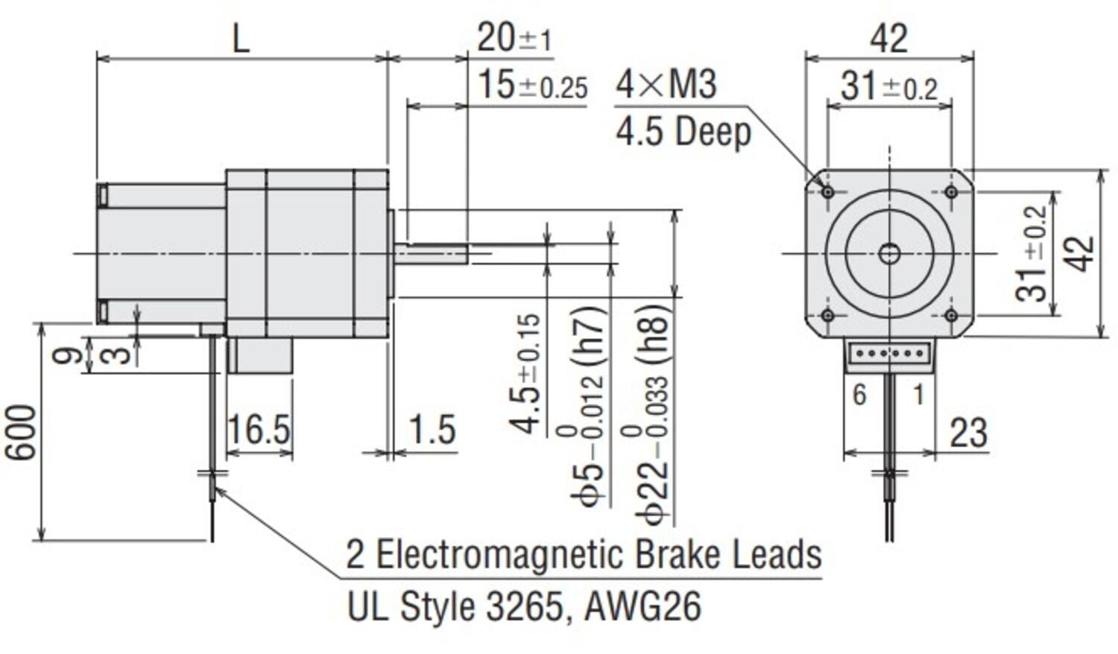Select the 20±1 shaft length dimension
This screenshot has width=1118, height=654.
[x=514, y=37]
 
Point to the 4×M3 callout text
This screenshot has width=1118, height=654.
[x=666, y=83]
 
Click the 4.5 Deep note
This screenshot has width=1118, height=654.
[x=683, y=132]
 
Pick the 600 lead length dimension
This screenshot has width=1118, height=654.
[x=21, y=433]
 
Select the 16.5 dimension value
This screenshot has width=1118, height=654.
[x=258, y=430]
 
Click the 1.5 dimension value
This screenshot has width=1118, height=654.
[x=432, y=430]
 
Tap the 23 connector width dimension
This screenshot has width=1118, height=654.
[x=969, y=432]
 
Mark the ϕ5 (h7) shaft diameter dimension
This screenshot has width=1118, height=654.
[x=590, y=406]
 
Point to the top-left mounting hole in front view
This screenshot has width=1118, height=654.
[x=827, y=192]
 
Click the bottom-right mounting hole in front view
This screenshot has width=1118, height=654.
[x=951, y=315]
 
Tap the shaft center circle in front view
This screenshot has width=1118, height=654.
[x=889, y=254]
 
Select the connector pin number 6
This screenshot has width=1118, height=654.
[x=859, y=394]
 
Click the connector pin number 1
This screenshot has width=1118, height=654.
[x=918, y=394]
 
